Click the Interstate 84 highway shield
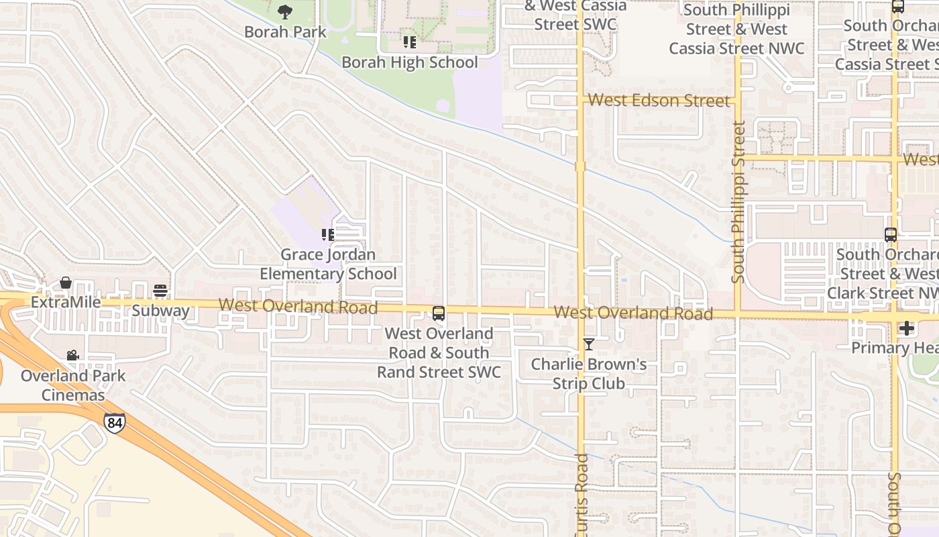(x=114, y=422)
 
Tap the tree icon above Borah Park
(x=285, y=11)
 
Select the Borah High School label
(x=410, y=62)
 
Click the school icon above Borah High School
(x=409, y=42)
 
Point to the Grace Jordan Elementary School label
(x=328, y=264)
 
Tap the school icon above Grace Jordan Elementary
(x=327, y=234)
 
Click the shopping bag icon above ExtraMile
(x=66, y=283)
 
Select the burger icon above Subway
(x=160, y=291)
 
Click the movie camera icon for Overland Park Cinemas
(x=72, y=355)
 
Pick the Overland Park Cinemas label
(x=73, y=385)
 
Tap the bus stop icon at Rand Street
(x=439, y=313)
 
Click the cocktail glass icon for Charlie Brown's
(x=588, y=344)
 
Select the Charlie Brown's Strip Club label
(x=588, y=374)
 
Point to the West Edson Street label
(x=659, y=101)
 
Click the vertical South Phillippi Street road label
(x=738, y=201)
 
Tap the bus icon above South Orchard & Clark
(x=890, y=235)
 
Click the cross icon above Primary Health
(x=906, y=328)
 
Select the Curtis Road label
(x=582, y=497)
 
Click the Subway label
(x=160, y=311)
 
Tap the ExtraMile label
(x=66, y=303)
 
